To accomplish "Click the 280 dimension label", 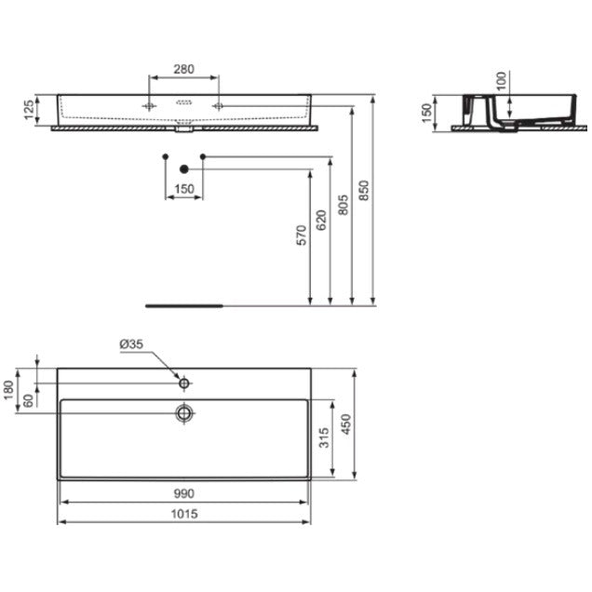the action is [x=183, y=69].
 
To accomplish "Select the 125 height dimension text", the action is [x=29, y=110].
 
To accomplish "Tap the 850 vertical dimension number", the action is [x=363, y=191].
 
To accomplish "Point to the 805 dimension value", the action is [x=343, y=205].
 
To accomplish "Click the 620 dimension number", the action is [x=321, y=220].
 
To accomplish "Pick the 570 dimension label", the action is [x=302, y=235].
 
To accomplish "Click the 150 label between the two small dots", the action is [x=184, y=189].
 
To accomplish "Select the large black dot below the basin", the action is [x=184, y=169].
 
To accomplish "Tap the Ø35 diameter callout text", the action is [x=131, y=344].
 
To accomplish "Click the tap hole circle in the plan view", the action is [x=184, y=383].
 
